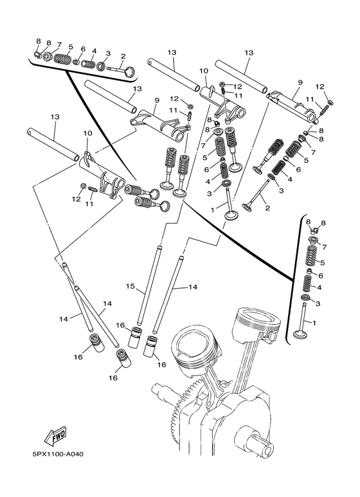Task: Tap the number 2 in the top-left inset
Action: point(122,56)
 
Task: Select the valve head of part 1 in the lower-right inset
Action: point(299,334)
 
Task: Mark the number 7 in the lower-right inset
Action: point(323,246)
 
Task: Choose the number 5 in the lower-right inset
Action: point(323,262)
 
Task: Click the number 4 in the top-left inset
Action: point(94,51)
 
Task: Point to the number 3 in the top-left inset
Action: point(107,53)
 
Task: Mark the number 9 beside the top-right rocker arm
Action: point(300,83)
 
